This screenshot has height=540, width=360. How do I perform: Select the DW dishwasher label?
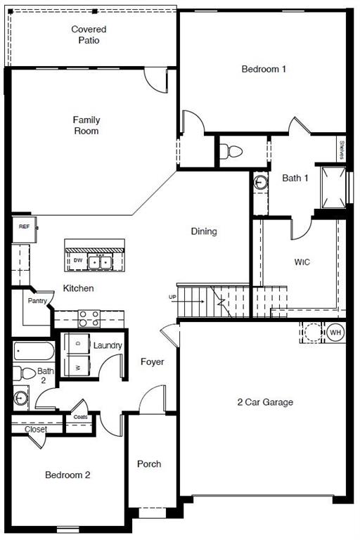78,260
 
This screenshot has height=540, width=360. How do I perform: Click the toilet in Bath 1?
231,151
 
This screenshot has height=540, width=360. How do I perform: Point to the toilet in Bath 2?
25,373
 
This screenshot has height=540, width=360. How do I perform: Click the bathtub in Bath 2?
34,352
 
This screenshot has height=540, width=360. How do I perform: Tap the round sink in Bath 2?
20,398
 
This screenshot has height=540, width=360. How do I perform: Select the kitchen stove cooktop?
89,319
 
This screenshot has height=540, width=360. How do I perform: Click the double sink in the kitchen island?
100,262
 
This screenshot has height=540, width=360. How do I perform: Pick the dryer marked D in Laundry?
77,343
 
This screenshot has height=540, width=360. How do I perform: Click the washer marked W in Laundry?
77,366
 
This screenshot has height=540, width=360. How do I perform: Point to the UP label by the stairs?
172,297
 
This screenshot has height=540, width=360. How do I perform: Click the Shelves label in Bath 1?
342,150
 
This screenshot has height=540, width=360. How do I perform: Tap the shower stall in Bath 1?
333,188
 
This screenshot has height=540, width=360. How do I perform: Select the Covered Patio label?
89,34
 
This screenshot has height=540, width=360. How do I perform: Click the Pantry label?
37,301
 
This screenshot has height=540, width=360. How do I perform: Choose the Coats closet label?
81,417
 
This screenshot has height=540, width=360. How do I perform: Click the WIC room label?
302,262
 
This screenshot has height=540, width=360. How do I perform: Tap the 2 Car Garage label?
265,402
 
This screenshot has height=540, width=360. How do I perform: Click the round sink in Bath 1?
261,181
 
